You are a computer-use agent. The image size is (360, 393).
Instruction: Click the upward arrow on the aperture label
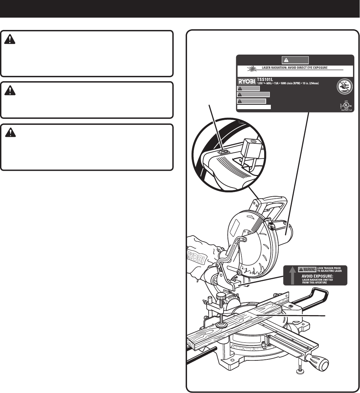click(291, 275)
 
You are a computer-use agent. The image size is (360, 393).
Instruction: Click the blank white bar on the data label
click(254, 107)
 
